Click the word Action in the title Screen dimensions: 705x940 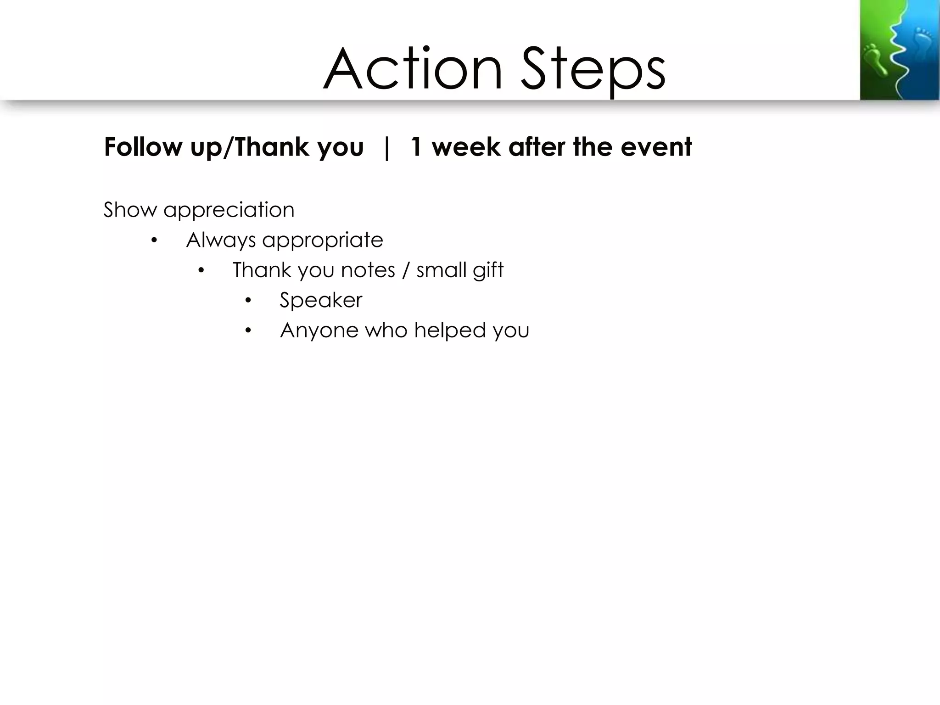[413, 70]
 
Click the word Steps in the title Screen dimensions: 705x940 [593, 70]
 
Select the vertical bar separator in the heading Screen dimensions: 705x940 [387, 148]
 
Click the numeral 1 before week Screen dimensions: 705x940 [416, 147]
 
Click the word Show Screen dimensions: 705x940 [130, 210]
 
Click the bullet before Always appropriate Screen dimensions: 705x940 [154, 240]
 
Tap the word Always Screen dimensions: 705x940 [221, 241]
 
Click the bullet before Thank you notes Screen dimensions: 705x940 [201, 270]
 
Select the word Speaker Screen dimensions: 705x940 [321, 301]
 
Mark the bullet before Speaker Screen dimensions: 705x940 [248, 301]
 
